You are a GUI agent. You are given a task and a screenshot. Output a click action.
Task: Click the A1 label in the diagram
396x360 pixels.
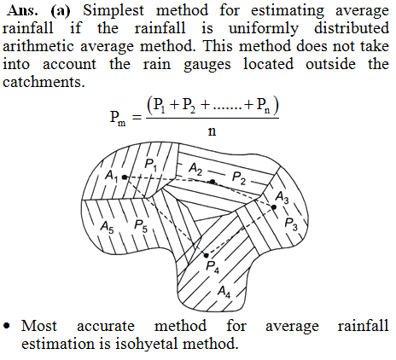(111, 175)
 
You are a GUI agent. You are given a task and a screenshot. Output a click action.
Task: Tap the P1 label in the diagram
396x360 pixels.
(150, 165)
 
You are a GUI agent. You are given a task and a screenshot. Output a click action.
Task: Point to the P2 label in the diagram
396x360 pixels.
(239, 177)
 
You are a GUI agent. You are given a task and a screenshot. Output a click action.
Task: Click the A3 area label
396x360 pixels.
(282, 197)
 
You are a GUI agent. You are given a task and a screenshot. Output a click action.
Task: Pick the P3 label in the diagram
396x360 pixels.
(291, 224)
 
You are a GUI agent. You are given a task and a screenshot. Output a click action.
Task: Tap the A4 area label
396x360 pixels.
(224, 292)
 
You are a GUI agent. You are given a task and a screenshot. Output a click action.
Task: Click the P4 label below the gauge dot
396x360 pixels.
(213, 267)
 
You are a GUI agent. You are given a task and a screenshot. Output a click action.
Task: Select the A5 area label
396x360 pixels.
(107, 227)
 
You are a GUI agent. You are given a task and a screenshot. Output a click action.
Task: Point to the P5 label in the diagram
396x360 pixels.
(141, 226)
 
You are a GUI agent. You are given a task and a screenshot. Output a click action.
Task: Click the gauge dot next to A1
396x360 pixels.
(125, 177)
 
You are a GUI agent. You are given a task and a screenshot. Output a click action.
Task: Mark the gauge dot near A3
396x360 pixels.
(274, 207)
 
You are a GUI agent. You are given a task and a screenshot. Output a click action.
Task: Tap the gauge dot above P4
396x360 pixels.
(207, 255)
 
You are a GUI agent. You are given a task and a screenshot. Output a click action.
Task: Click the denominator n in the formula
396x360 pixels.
(213, 131)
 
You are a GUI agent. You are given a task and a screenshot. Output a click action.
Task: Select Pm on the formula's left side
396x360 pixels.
(118, 117)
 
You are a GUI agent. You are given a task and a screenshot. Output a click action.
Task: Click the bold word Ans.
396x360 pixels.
(23, 10)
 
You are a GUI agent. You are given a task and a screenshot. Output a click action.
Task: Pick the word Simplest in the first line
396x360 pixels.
(114, 10)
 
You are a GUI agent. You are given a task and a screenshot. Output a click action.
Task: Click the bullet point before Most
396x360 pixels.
(7, 326)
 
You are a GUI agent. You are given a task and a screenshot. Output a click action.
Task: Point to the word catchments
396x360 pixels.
(44, 82)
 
